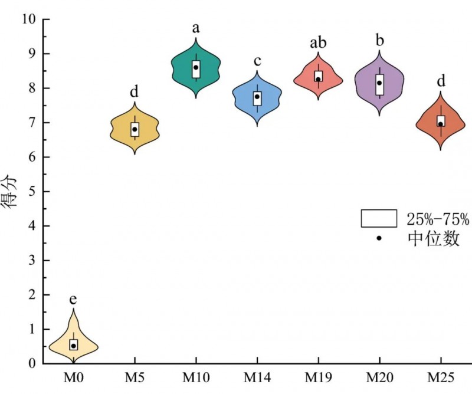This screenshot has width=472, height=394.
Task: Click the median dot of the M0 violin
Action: tap(74, 346)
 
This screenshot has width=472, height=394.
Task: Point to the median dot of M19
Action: tap(318, 79)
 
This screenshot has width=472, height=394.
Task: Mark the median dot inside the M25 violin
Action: tap(440, 124)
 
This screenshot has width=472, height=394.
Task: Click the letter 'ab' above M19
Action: tap(318, 43)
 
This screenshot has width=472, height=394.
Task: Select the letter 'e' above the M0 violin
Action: tap(73, 298)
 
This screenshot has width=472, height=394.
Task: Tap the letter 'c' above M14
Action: tap(257, 61)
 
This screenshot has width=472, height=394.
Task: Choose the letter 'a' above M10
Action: tap(195, 28)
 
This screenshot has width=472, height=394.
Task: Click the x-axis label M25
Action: tap(440, 376)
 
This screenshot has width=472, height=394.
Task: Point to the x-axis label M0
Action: tap(73, 376)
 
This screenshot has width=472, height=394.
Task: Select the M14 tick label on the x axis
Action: tap(257, 376)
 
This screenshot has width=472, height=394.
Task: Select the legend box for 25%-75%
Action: tap(378, 218)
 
